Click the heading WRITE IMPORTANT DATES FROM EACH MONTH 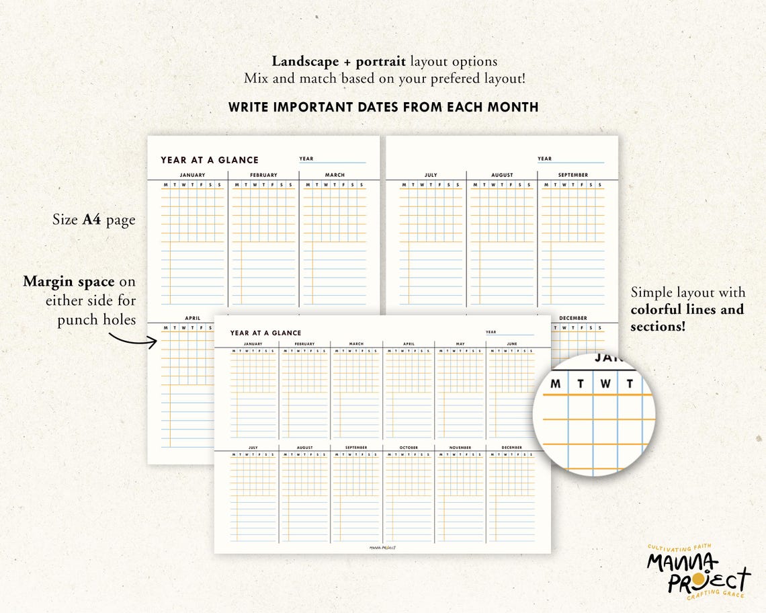point(383,107)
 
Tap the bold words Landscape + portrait point(339,62)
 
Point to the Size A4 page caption point(94,220)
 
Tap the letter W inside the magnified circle point(605,384)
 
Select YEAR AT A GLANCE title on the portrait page point(210,160)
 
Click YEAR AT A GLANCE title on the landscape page point(265,333)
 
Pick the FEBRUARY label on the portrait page point(263,175)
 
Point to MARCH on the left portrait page point(335,175)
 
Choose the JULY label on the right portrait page point(431,175)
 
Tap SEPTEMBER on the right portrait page point(572,175)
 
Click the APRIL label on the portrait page point(193,318)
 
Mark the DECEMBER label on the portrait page point(572,318)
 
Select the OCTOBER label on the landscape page point(409,448)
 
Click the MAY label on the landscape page point(460,344)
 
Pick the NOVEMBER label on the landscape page point(460,448)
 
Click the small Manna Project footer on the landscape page point(382,547)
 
